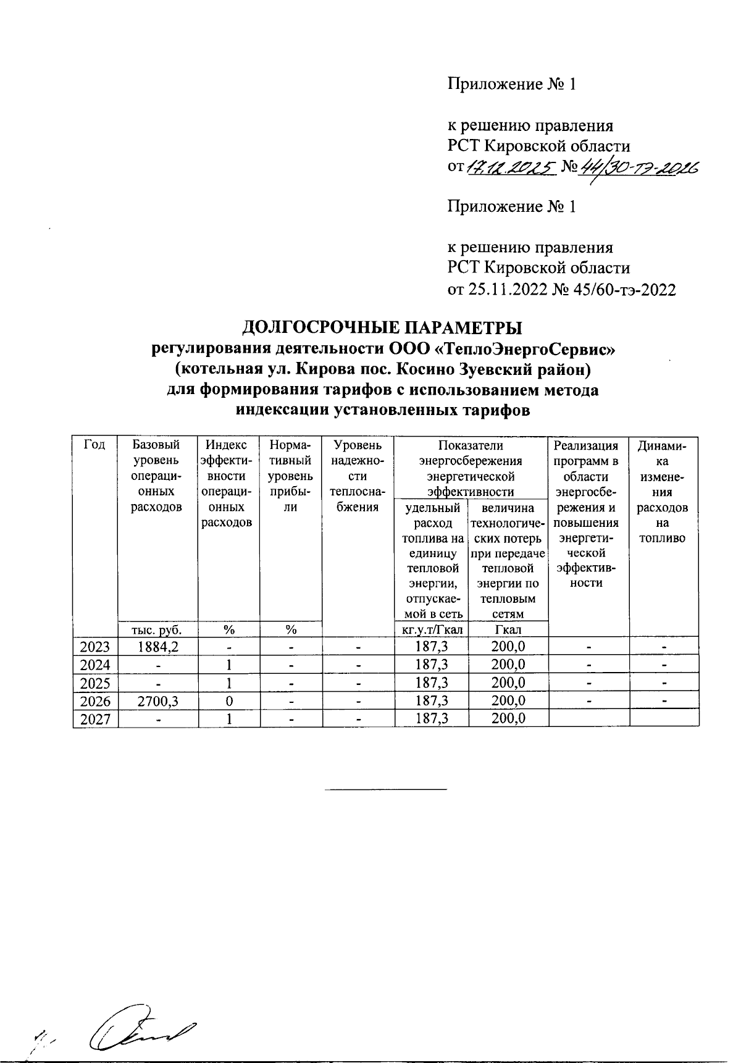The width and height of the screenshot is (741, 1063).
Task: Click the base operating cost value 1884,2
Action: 158,647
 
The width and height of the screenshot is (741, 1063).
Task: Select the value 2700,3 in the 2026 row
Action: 158,701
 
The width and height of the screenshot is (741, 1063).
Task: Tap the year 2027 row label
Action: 95,719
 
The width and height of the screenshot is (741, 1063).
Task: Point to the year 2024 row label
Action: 95,665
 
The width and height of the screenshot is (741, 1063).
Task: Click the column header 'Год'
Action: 95,445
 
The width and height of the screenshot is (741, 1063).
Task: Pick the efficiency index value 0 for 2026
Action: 228,701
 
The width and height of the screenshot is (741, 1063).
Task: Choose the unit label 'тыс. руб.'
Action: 158,629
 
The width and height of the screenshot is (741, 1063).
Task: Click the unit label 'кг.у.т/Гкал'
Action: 432,629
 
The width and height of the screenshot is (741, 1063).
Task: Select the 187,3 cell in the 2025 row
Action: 432,683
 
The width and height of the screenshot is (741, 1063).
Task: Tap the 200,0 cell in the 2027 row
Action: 508,719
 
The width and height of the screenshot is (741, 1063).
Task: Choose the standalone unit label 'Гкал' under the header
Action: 508,629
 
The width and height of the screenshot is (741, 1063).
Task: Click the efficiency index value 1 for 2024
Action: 228,665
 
